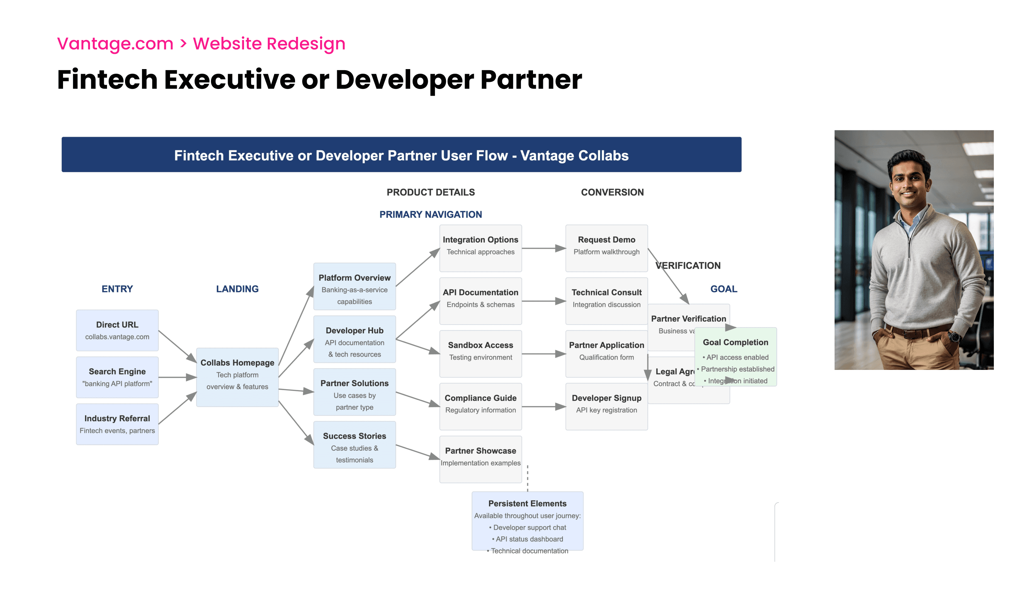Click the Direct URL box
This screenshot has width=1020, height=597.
point(117,330)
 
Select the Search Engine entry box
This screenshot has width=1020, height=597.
point(117,377)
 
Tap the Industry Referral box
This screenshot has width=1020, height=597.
point(117,424)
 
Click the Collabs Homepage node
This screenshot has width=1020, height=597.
point(237,377)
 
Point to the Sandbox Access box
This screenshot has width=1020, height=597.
point(481,354)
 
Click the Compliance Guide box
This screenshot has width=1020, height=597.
point(481,406)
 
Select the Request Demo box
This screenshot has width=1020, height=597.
point(606,248)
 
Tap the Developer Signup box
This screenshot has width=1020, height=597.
point(606,406)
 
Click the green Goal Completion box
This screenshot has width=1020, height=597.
point(736,356)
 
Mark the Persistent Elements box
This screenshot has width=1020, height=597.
point(527,520)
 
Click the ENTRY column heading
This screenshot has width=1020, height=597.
point(117,289)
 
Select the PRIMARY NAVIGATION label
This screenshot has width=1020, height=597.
point(431,214)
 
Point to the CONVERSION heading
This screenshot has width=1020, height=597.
point(612,192)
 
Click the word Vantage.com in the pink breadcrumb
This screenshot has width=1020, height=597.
point(115,43)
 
